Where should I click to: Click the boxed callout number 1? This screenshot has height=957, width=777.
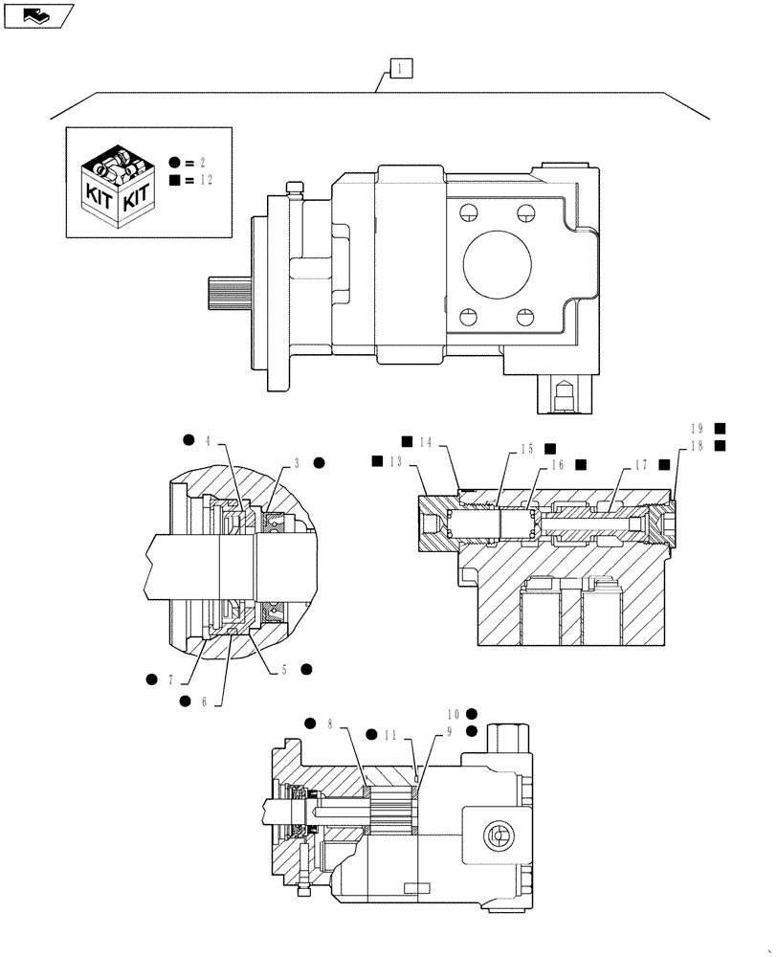pos(400,68)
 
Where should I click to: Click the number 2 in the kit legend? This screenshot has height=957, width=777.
pos(203,163)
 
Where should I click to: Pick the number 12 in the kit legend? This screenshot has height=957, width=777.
pos(206,180)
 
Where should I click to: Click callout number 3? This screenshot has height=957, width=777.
pos(298,463)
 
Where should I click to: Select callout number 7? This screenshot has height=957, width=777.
pos(170,679)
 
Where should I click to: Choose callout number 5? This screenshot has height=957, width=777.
pos(283,670)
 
